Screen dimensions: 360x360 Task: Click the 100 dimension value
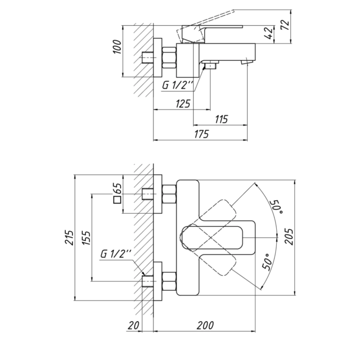click(117, 47)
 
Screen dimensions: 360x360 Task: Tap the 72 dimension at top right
click(285, 25)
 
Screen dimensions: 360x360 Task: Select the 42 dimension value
click(269, 33)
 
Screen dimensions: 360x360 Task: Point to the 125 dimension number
click(183, 104)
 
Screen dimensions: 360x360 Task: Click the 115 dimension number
click(221, 119)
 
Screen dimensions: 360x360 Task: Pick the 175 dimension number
click(202, 134)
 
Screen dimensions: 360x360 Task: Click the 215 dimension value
click(70, 237)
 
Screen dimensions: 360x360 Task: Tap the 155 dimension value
click(86, 238)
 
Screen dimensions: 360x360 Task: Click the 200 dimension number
click(205, 325)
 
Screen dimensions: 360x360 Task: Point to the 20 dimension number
click(134, 325)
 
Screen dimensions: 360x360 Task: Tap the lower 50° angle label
click(267, 262)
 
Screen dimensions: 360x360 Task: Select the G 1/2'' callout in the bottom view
click(116, 254)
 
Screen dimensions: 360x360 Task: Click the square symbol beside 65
click(117, 200)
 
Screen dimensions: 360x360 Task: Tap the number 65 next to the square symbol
click(117, 189)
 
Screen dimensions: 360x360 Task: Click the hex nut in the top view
click(169, 58)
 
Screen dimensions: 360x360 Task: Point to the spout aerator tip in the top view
click(247, 62)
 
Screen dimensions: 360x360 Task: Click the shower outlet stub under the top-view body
click(211, 65)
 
